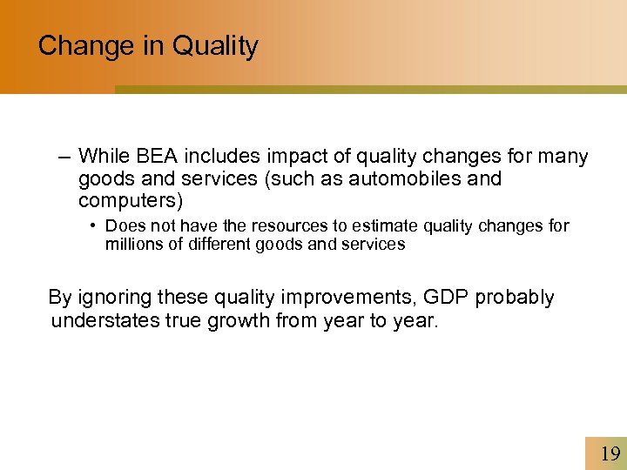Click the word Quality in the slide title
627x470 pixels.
click(215, 45)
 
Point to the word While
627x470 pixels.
click(104, 157)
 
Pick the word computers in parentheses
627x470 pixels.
click(130, 200)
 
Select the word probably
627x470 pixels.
click(514, 298)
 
